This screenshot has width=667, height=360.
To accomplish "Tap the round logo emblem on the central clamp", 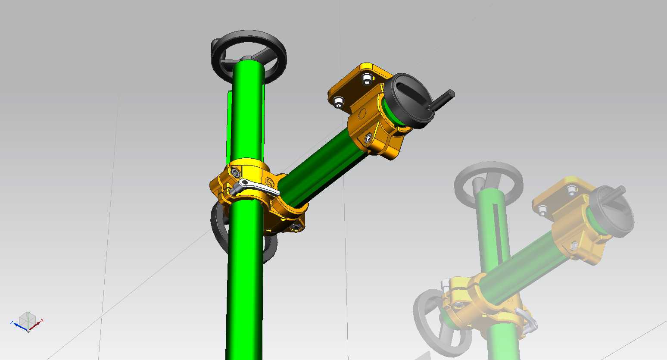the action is point(269,182).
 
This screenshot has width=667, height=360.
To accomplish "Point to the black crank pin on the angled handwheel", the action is point(442,100).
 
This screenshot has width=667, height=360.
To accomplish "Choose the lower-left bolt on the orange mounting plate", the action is point(338,102).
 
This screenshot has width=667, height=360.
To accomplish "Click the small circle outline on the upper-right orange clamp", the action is point(362,113).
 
